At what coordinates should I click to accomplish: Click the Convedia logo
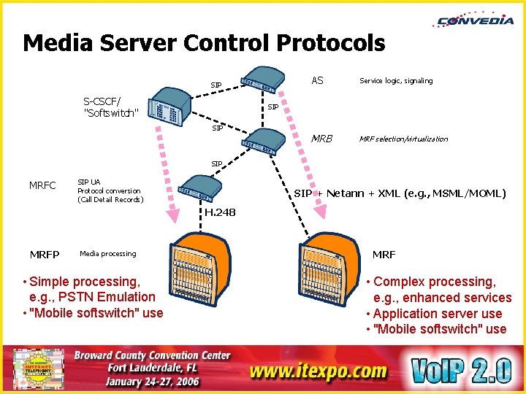[x=475, y=20]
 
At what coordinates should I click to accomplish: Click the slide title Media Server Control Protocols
[x=204, y=44]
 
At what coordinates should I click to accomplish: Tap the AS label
[x=317, y=80]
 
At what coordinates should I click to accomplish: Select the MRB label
[x=321, y=139]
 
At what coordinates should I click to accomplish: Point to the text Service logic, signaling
[x=396, y=81]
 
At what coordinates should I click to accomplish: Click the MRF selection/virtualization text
[x=404, y=139]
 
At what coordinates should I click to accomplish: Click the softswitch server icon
[x=169, y=107]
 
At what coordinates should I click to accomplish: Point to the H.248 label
[x=220, y=212]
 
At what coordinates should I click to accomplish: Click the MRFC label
[x=42, y=185]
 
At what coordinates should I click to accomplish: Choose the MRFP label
[x=45, y=254]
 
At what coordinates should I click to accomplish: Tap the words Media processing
[x=107, y=254]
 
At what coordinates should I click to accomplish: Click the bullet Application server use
[x=437, y=314]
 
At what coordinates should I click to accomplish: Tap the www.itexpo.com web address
[x=318, y=371]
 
